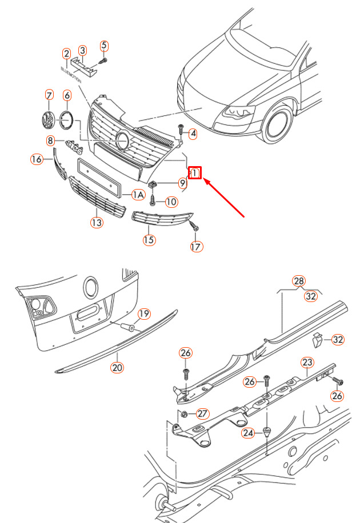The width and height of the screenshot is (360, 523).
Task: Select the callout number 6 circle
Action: tap(67, 95)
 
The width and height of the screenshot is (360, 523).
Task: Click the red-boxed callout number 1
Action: tap(195, 172)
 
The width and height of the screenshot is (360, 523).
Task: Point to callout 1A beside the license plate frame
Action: tap(138, 195)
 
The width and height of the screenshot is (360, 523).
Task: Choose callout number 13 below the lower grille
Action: tap(97, 222)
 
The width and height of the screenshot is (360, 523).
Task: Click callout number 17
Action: tap(197, 246)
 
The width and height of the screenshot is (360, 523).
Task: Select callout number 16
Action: tap(37, 159)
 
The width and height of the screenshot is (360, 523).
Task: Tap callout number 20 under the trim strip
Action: tap(117, 368)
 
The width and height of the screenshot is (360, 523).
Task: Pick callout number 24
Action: tap(248, 433)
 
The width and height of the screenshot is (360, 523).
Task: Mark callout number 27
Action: tap(203, 413)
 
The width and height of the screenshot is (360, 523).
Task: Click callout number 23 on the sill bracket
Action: tap(307, 362)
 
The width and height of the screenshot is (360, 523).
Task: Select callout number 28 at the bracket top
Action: tap(299, 281)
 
